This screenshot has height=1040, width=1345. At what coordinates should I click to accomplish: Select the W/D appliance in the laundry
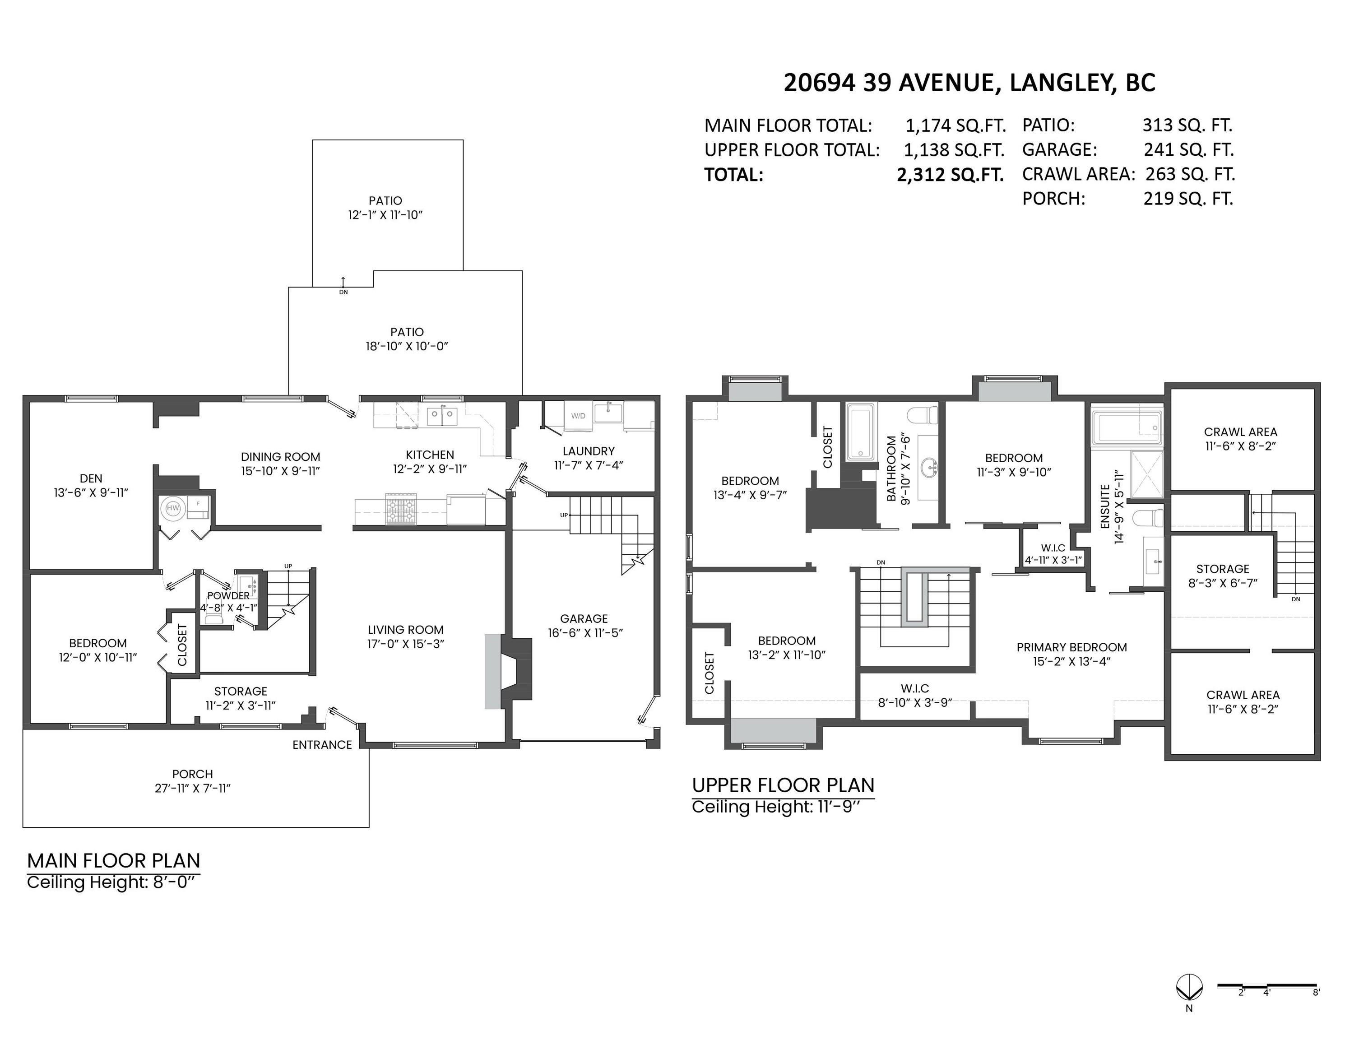point(578,416)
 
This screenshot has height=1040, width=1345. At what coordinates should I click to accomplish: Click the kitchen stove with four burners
point(401,509)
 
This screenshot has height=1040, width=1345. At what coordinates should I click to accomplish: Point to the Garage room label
point(584,618)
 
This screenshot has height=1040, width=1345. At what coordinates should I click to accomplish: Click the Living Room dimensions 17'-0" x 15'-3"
point(405,644)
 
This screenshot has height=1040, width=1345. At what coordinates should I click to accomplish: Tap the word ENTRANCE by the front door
point(322,744)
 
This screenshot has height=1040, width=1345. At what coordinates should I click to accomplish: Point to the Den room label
point(91,478)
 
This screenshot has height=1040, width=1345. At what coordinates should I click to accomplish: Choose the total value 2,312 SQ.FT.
point(950,175)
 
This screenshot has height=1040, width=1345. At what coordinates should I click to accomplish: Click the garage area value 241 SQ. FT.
point(1188,149)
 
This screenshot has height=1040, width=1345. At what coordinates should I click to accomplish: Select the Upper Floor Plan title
point(783,785)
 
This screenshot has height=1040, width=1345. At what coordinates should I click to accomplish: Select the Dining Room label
point(280,457)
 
